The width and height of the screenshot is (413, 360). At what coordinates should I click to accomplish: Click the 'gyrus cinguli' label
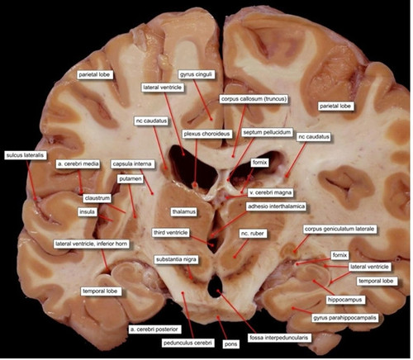[x=197, y=74]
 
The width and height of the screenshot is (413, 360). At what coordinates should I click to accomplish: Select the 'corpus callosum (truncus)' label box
[x=254, y=99]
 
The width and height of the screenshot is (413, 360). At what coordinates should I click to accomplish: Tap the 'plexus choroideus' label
[x=206, y=134]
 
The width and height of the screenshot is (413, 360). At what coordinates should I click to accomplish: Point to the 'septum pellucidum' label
[x=267, y=132]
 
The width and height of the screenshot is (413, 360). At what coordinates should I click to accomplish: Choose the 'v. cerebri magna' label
[x=270, y=192]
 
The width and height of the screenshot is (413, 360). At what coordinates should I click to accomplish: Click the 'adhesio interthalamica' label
[x=276, y=206]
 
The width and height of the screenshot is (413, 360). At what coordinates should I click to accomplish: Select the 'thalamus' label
[x=184, y=211]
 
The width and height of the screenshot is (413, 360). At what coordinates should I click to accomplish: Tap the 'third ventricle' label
[x=171, y=233]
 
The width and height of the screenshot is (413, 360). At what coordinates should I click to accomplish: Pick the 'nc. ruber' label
[x=252, y=234]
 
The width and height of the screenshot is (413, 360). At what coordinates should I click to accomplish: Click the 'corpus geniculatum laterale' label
[x=339, y=229]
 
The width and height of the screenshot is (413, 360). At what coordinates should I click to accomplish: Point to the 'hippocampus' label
[x=344, y=300]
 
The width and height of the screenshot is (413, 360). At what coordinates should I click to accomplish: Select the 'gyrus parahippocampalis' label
[x=344, y=318]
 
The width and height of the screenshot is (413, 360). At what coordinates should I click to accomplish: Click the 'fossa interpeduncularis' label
[x=279, y=338]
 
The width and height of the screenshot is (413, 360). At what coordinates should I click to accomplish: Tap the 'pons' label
[x=230, y=344]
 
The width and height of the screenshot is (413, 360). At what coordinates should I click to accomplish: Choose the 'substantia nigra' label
[x=176, y=259]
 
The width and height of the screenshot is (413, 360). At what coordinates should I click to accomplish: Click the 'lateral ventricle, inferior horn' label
[x=92, y=244]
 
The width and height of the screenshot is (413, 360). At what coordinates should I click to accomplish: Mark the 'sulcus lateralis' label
[x=25, y=155]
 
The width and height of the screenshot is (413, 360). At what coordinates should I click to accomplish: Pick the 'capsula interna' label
[x=132, y=164]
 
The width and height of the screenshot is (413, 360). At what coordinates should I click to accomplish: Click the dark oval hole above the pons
[x=215, y=287]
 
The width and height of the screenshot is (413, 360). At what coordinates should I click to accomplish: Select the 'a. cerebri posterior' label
[x=154, y=329]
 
